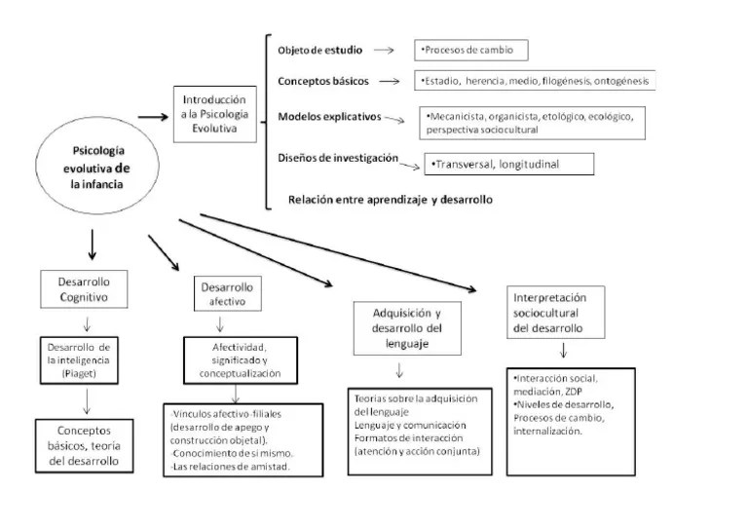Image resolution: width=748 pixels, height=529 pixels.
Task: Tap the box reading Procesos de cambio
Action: tap(470, 50)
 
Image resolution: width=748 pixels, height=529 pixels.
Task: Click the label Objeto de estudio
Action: tap(318, 50)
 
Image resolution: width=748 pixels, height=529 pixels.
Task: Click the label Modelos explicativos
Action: tap(329, 116)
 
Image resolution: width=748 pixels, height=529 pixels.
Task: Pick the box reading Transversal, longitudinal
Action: tap(507, 165)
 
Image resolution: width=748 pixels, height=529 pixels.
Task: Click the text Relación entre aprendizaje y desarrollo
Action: tap(390, 200)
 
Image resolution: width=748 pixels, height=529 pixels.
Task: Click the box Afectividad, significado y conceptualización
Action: tap(240, 359)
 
